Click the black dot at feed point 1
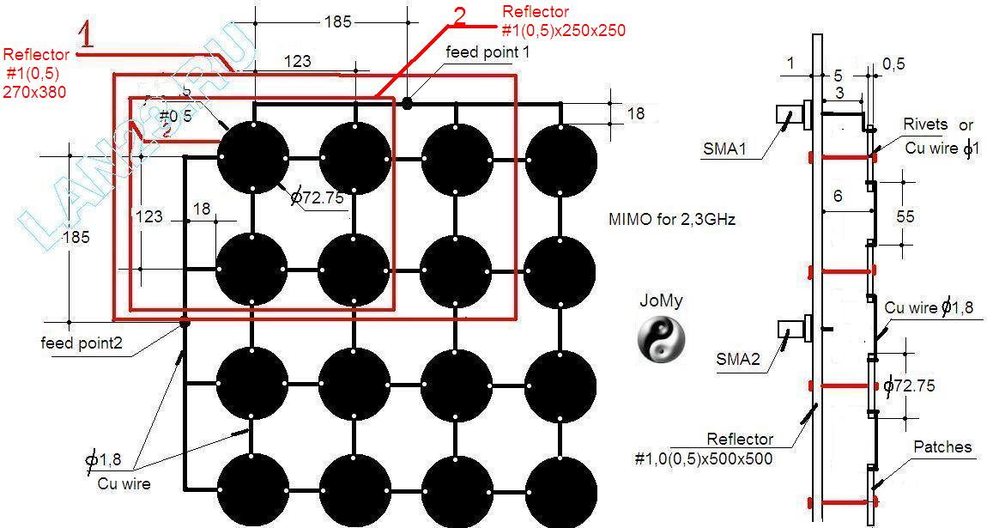[x=407, y=103]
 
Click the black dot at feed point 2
[x=184, y=323]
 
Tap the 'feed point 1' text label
[x=487, y=52]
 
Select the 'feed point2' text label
[x=82, y=343]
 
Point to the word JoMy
[x=660, y=301]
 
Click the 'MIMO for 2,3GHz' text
[x=671, y=220]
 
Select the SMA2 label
[x=739, y=359]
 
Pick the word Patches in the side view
[x=942, y=446]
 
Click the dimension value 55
[x=905, y=216]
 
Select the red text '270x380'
[x=36, y=90]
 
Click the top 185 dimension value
[x=338, y=21]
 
